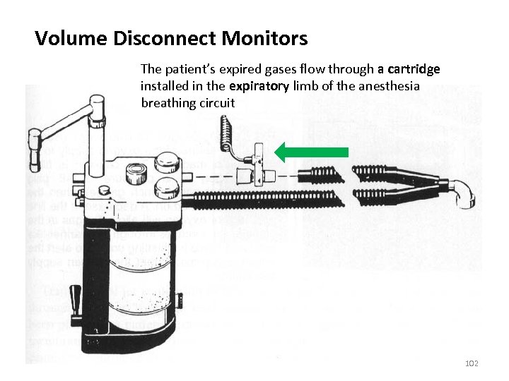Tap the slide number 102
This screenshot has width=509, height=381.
point(472,363)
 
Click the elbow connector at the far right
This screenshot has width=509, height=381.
point(466,193)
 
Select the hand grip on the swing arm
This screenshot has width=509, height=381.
point(33,150)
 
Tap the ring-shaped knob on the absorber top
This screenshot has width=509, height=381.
point(134,171)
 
